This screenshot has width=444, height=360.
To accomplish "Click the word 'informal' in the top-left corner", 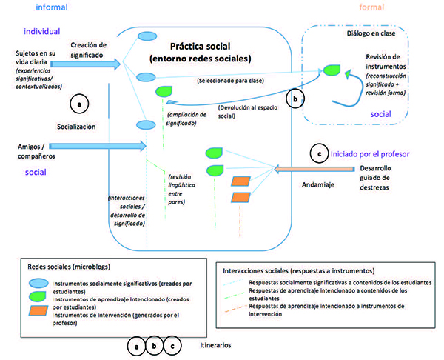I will tap(41, 8).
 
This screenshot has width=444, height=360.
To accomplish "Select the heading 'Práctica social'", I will tap(202, 45).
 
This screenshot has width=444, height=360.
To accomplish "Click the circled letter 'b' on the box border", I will tap(297, 98).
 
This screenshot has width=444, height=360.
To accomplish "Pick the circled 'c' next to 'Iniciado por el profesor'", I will tap(318, 154).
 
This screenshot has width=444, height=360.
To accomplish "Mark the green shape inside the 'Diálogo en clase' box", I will tap(330, 70).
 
